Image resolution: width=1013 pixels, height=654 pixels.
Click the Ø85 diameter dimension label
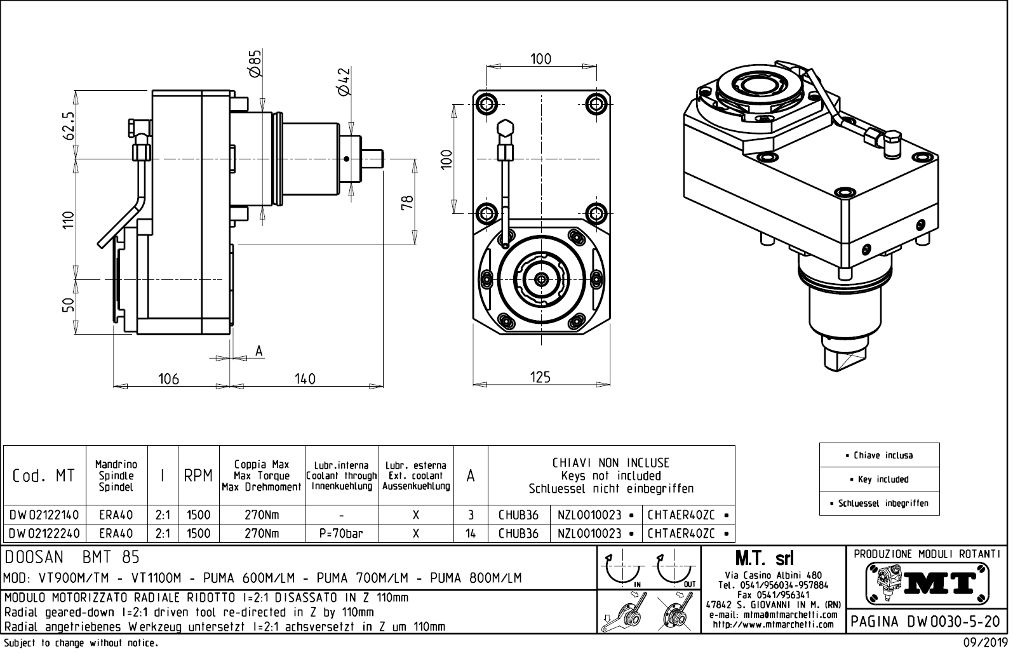pos(256,64)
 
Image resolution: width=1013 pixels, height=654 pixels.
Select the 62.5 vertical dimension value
pos(69,126)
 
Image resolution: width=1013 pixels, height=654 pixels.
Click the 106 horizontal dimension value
pos(168,379)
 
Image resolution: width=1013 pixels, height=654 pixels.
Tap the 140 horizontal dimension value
pos(305,379)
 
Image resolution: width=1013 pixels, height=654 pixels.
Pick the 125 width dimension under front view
pos(540,377)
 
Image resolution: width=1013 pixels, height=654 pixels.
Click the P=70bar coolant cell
pos(342,533)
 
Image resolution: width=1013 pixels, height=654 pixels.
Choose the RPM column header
pos(198,476)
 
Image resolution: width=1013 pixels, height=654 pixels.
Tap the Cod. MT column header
pos(43,476)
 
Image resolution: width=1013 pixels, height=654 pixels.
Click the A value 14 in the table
pos(471,533)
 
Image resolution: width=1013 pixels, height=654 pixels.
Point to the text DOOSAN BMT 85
pos(72,557)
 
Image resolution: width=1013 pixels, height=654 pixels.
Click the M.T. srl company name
pos(763,559)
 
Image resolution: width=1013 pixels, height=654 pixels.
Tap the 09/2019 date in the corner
pos(986,643)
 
